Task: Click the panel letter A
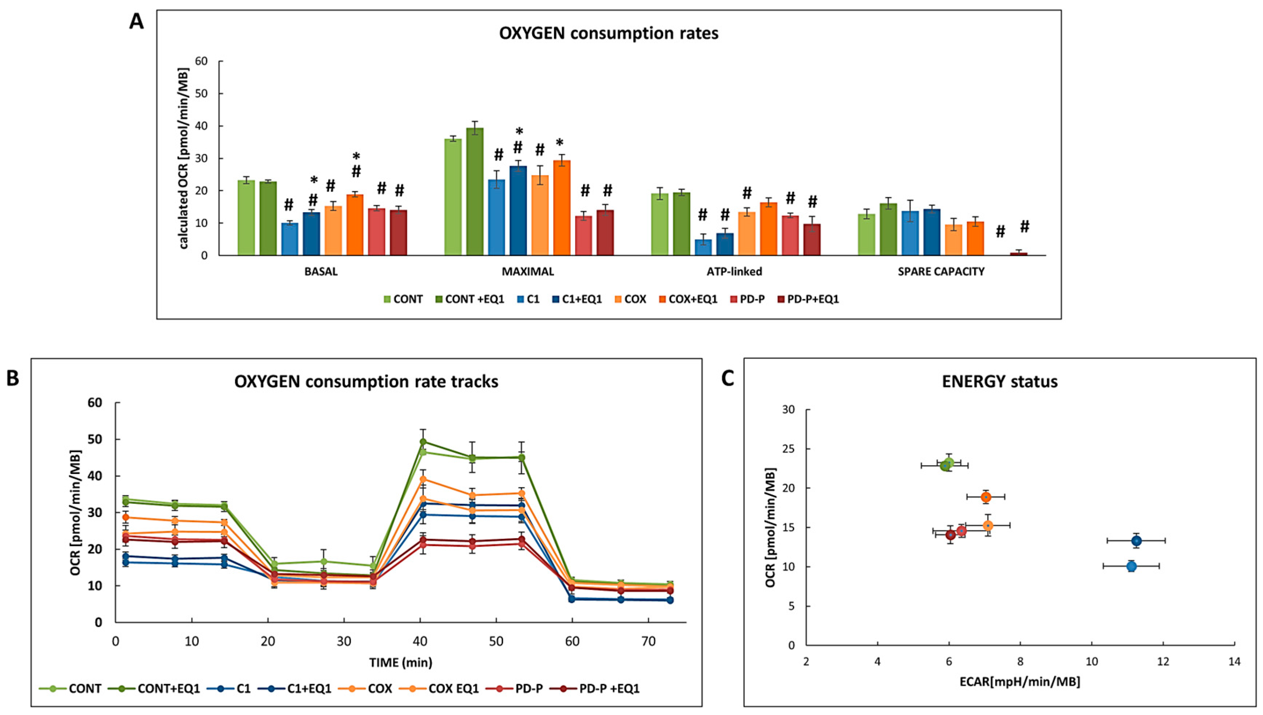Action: pyautogui.click(x=136, y=22)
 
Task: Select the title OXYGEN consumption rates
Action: pyautogui.click(x=609, y=33)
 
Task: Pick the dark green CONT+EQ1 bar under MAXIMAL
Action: pyautogui.click(x=475, y=191)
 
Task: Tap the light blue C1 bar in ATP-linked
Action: pyautogui.click(x=703, y=247)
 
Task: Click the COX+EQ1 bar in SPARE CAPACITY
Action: pyautogui.click(x=975, y=239)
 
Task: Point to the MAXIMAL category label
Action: pyautogui.click(x=528, y=272)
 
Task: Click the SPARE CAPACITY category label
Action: pyautogui.click(x=941, y=272)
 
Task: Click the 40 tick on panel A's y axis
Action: pyautogui.click(x=202, y=126)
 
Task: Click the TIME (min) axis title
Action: pyautogui.click(x=400, y=663)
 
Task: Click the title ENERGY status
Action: pyautogui.click(x=999, y=382)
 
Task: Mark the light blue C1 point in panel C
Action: pyautogui.click(x=1132, y=566)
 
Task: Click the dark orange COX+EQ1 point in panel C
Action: pyautogui.click(x=986, y=497)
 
